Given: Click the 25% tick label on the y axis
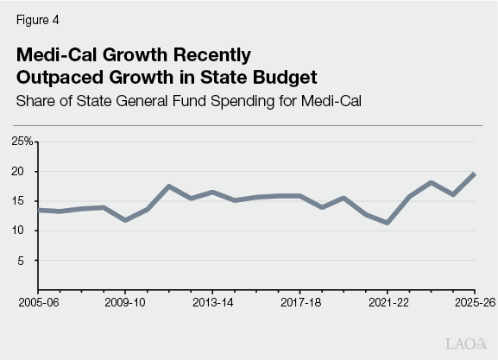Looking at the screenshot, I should tap(22, 141).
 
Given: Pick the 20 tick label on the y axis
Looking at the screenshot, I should tap(26, 171).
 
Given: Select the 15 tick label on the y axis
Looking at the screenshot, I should tap(26, 201).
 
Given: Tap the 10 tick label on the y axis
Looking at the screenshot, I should tap(26, 231).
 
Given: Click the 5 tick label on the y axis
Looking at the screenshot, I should tap(29, 260).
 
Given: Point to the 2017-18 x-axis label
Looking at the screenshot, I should tap(301, 303).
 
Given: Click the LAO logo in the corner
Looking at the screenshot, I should tap(467, 344).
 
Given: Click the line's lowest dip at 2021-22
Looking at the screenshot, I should tap(388, 223).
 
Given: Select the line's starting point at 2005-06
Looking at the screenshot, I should tap(40, 210).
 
